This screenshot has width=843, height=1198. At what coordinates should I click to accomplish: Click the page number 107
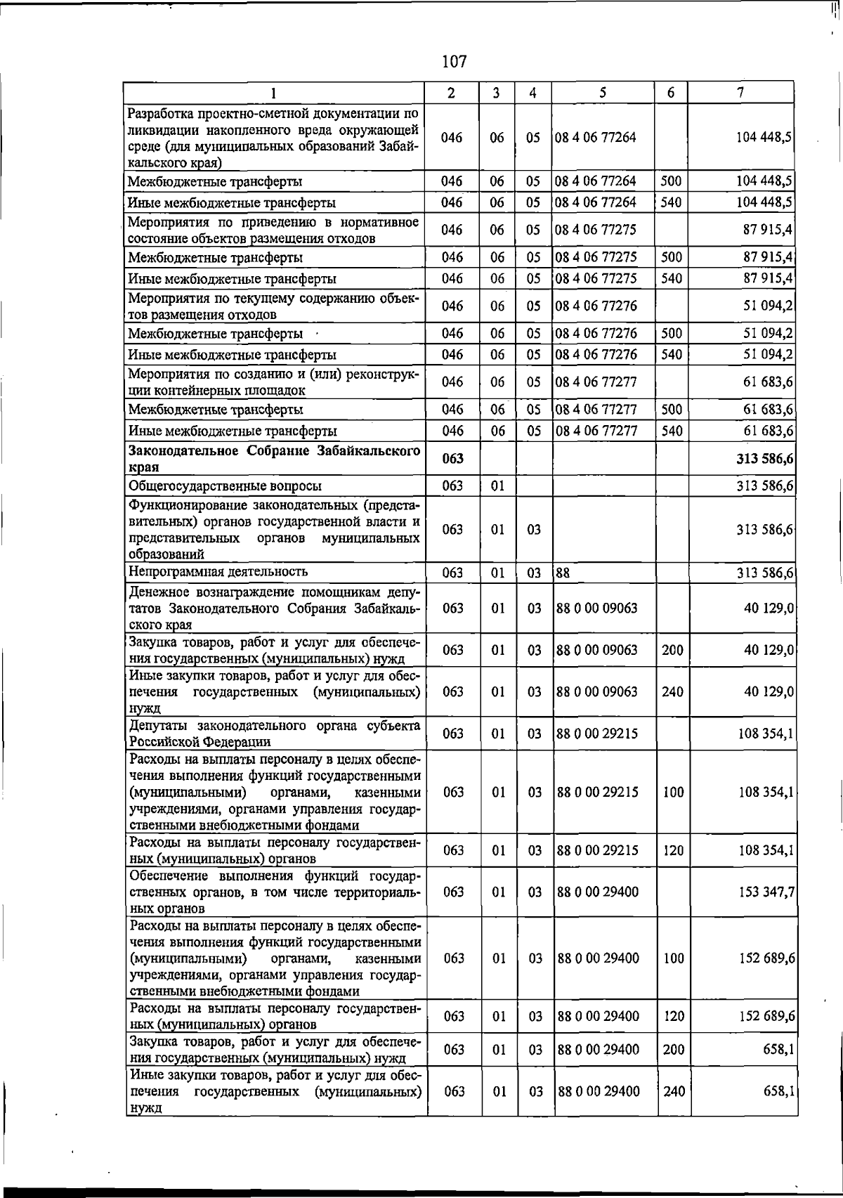click(455, 62)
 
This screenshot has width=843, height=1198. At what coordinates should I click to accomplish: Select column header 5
click(603, 92)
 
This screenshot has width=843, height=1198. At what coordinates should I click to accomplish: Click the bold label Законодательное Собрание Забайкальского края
click(274, 458)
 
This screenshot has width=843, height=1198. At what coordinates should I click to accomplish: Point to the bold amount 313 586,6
click(765, 459)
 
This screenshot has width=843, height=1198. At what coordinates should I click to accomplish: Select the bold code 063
click(453, 459)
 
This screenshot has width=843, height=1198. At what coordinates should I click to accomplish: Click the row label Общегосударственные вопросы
click(225, 486)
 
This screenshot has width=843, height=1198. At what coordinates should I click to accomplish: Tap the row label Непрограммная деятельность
click(218, 572)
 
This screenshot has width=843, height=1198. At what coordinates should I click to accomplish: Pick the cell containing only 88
click(563, 573)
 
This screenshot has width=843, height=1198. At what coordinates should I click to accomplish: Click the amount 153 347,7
click(766, 892)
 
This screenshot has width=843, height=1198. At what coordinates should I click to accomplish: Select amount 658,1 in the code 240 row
click(778, 1091)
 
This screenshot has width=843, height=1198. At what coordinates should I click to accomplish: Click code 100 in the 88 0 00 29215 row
click(673, 792)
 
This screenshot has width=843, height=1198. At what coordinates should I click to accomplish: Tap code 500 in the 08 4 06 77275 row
click(672, 257)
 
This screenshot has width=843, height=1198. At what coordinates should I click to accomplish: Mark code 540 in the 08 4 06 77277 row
click(672, 431)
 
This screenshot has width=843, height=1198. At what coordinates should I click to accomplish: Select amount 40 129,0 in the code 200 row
click(769, 650)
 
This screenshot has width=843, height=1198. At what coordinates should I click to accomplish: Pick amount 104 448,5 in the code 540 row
click(765, 202)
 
